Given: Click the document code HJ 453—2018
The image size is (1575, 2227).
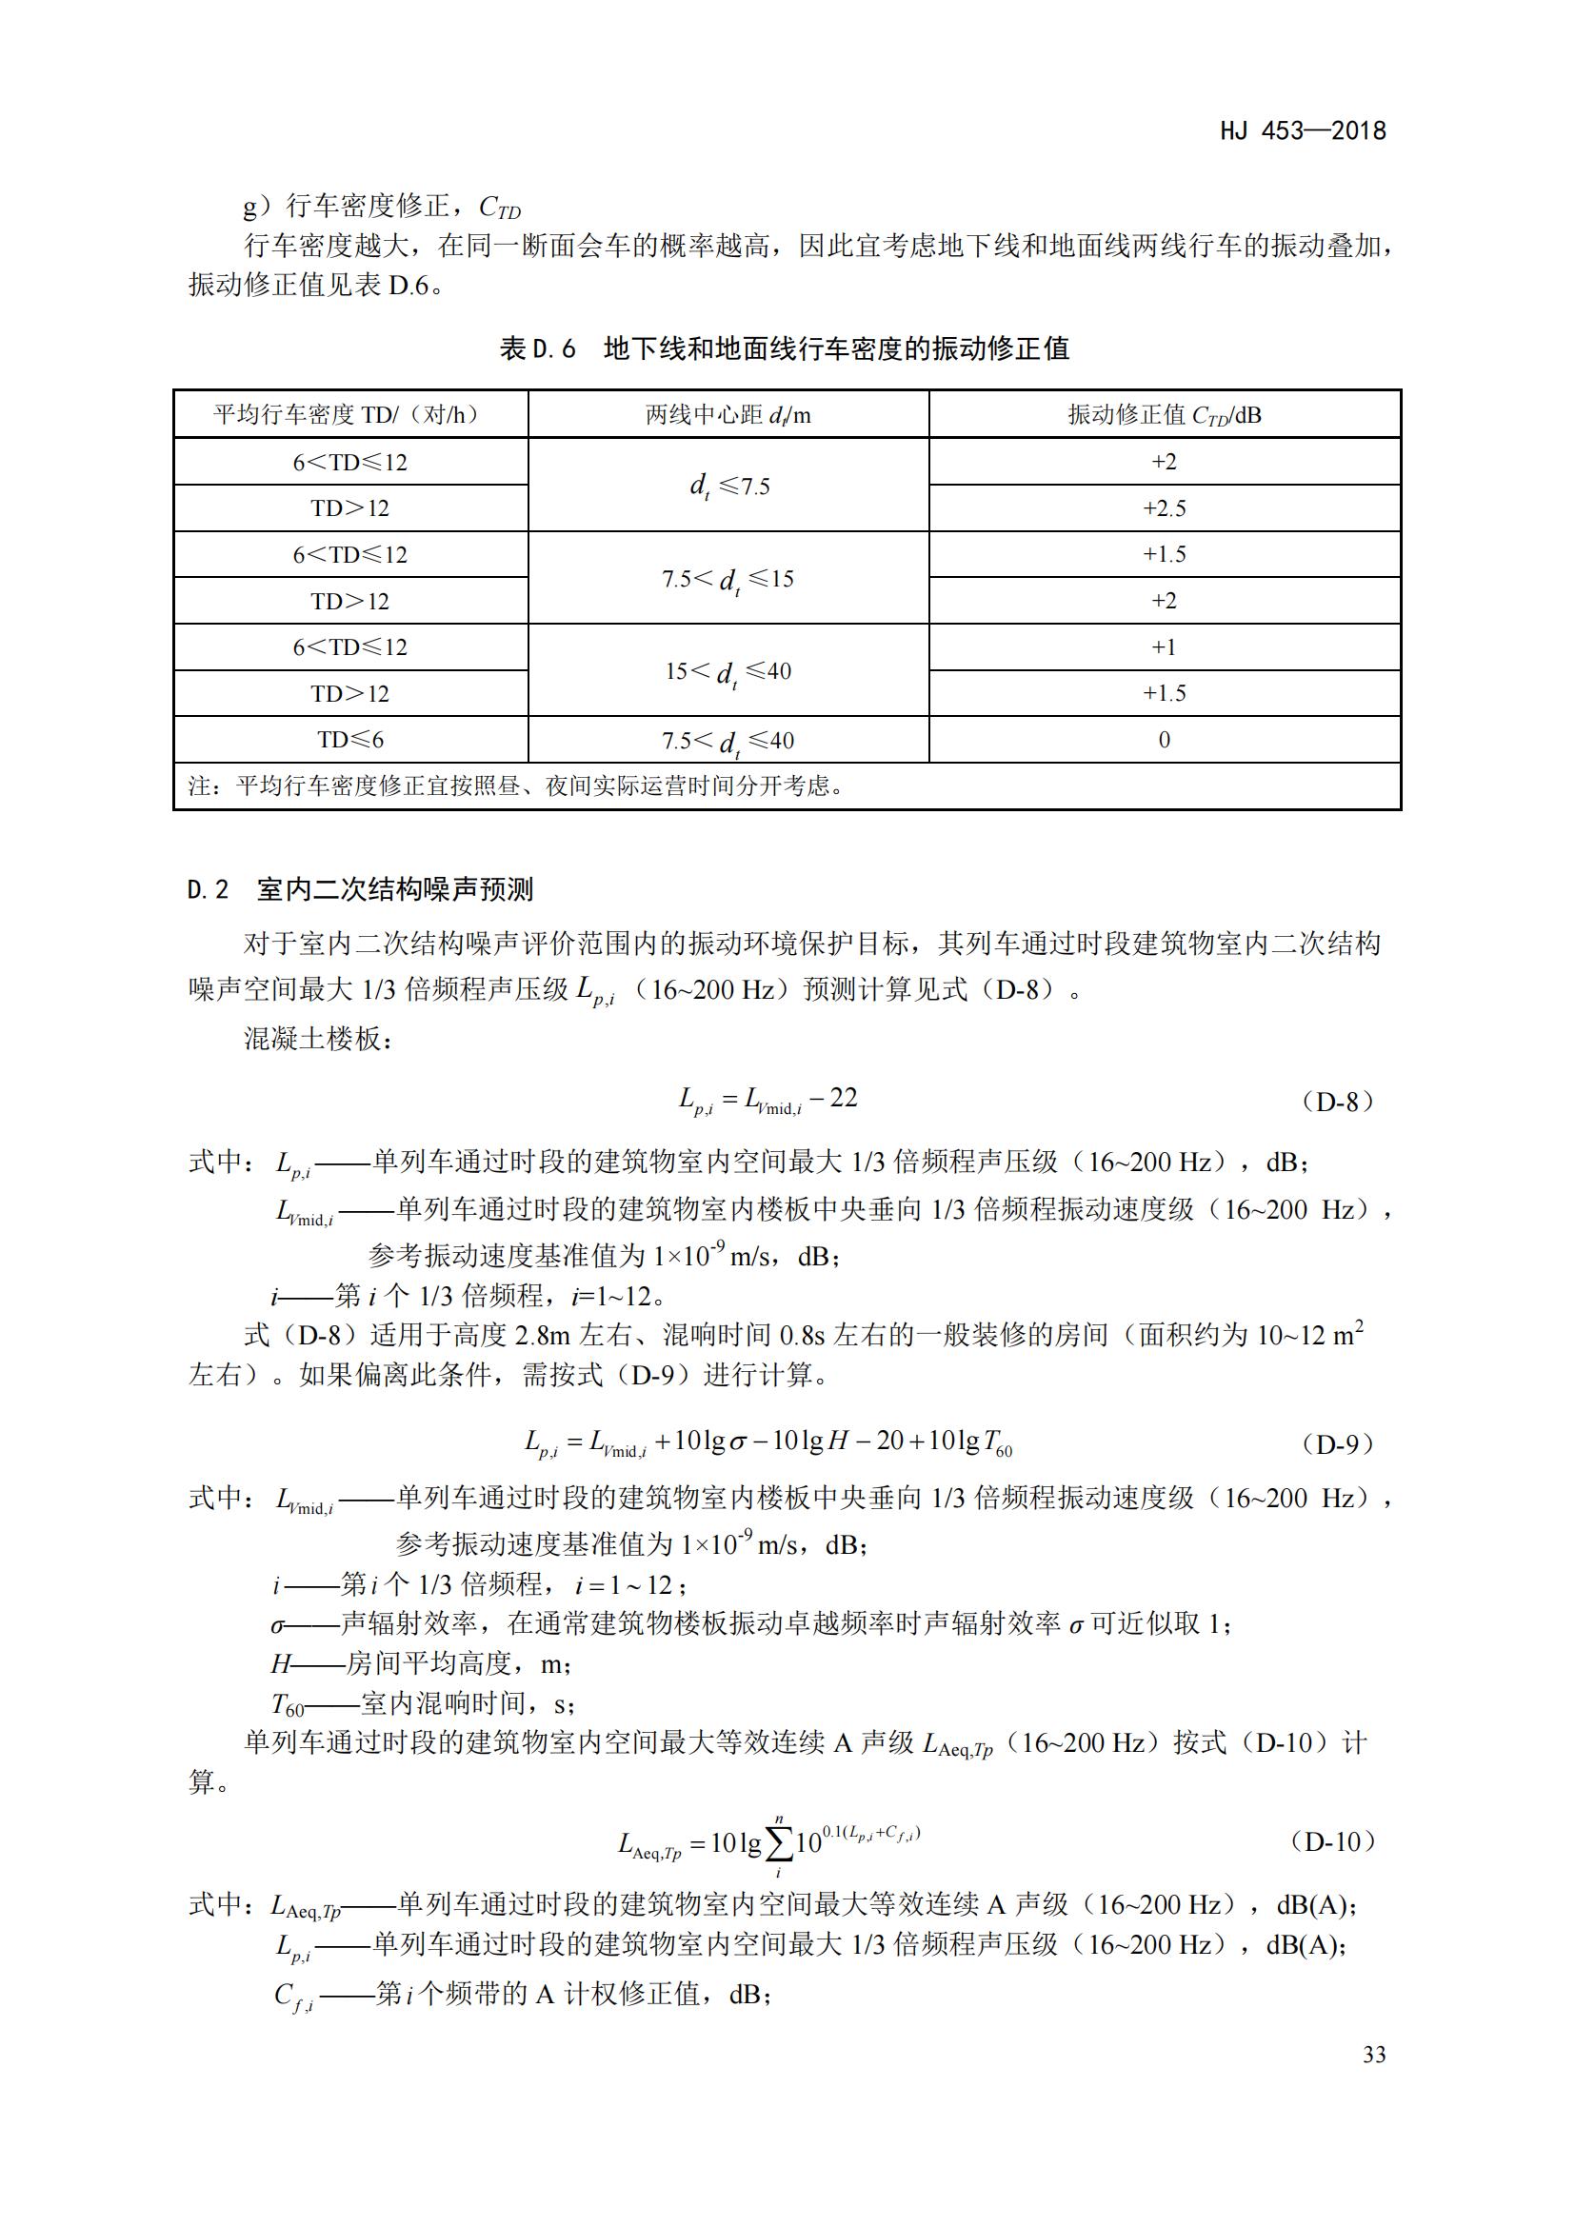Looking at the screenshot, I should click(x=1303, y=131).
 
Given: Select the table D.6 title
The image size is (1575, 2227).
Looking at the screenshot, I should click(x=784, y=348).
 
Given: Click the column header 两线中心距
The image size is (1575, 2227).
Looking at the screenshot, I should click(x=728, y=415).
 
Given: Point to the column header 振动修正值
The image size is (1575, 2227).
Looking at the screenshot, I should click(x=1164, y=415).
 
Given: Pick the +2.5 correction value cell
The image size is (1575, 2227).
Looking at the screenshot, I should click(x=1164, y=508).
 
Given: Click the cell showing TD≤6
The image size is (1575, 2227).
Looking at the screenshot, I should click(x=350, y=740).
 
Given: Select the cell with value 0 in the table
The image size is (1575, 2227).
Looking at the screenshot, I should click(x=1164, y=740).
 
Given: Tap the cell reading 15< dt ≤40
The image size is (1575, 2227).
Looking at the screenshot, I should click(x=728, y=671).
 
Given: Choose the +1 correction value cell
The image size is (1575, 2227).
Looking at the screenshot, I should click(x=1164, y=646).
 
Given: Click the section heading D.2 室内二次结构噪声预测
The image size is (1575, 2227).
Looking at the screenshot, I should click(x=360, y=889).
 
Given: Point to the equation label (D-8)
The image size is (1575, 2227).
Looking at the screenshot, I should click(x=1337, y=1102).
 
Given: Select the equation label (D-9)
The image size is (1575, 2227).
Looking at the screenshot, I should click(x=1337, y=1444).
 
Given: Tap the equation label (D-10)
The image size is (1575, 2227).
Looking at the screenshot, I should click(x=1333, y=1842).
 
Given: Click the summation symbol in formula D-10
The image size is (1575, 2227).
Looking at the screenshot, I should click(x=778, y=1844).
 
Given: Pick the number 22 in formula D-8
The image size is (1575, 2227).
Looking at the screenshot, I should click(x=843, y=1098).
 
